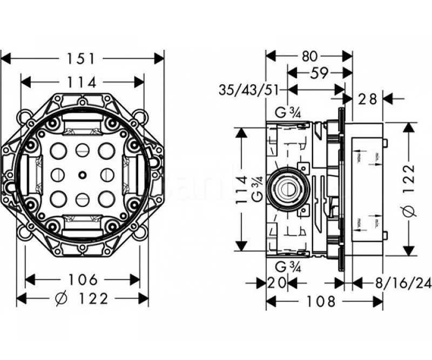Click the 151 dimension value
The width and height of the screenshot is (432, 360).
(x=82, y=58)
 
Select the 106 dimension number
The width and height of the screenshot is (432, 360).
(x=83, y=279)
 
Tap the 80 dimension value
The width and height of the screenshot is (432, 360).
(x=309, y=56)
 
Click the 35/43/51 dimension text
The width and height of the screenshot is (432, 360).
(x=252, y=90)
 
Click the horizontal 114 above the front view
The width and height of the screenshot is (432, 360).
(x=82, y=82)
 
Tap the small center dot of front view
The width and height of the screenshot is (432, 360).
(x=82, y=174)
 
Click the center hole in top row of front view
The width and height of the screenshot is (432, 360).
(x=82, y=151)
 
